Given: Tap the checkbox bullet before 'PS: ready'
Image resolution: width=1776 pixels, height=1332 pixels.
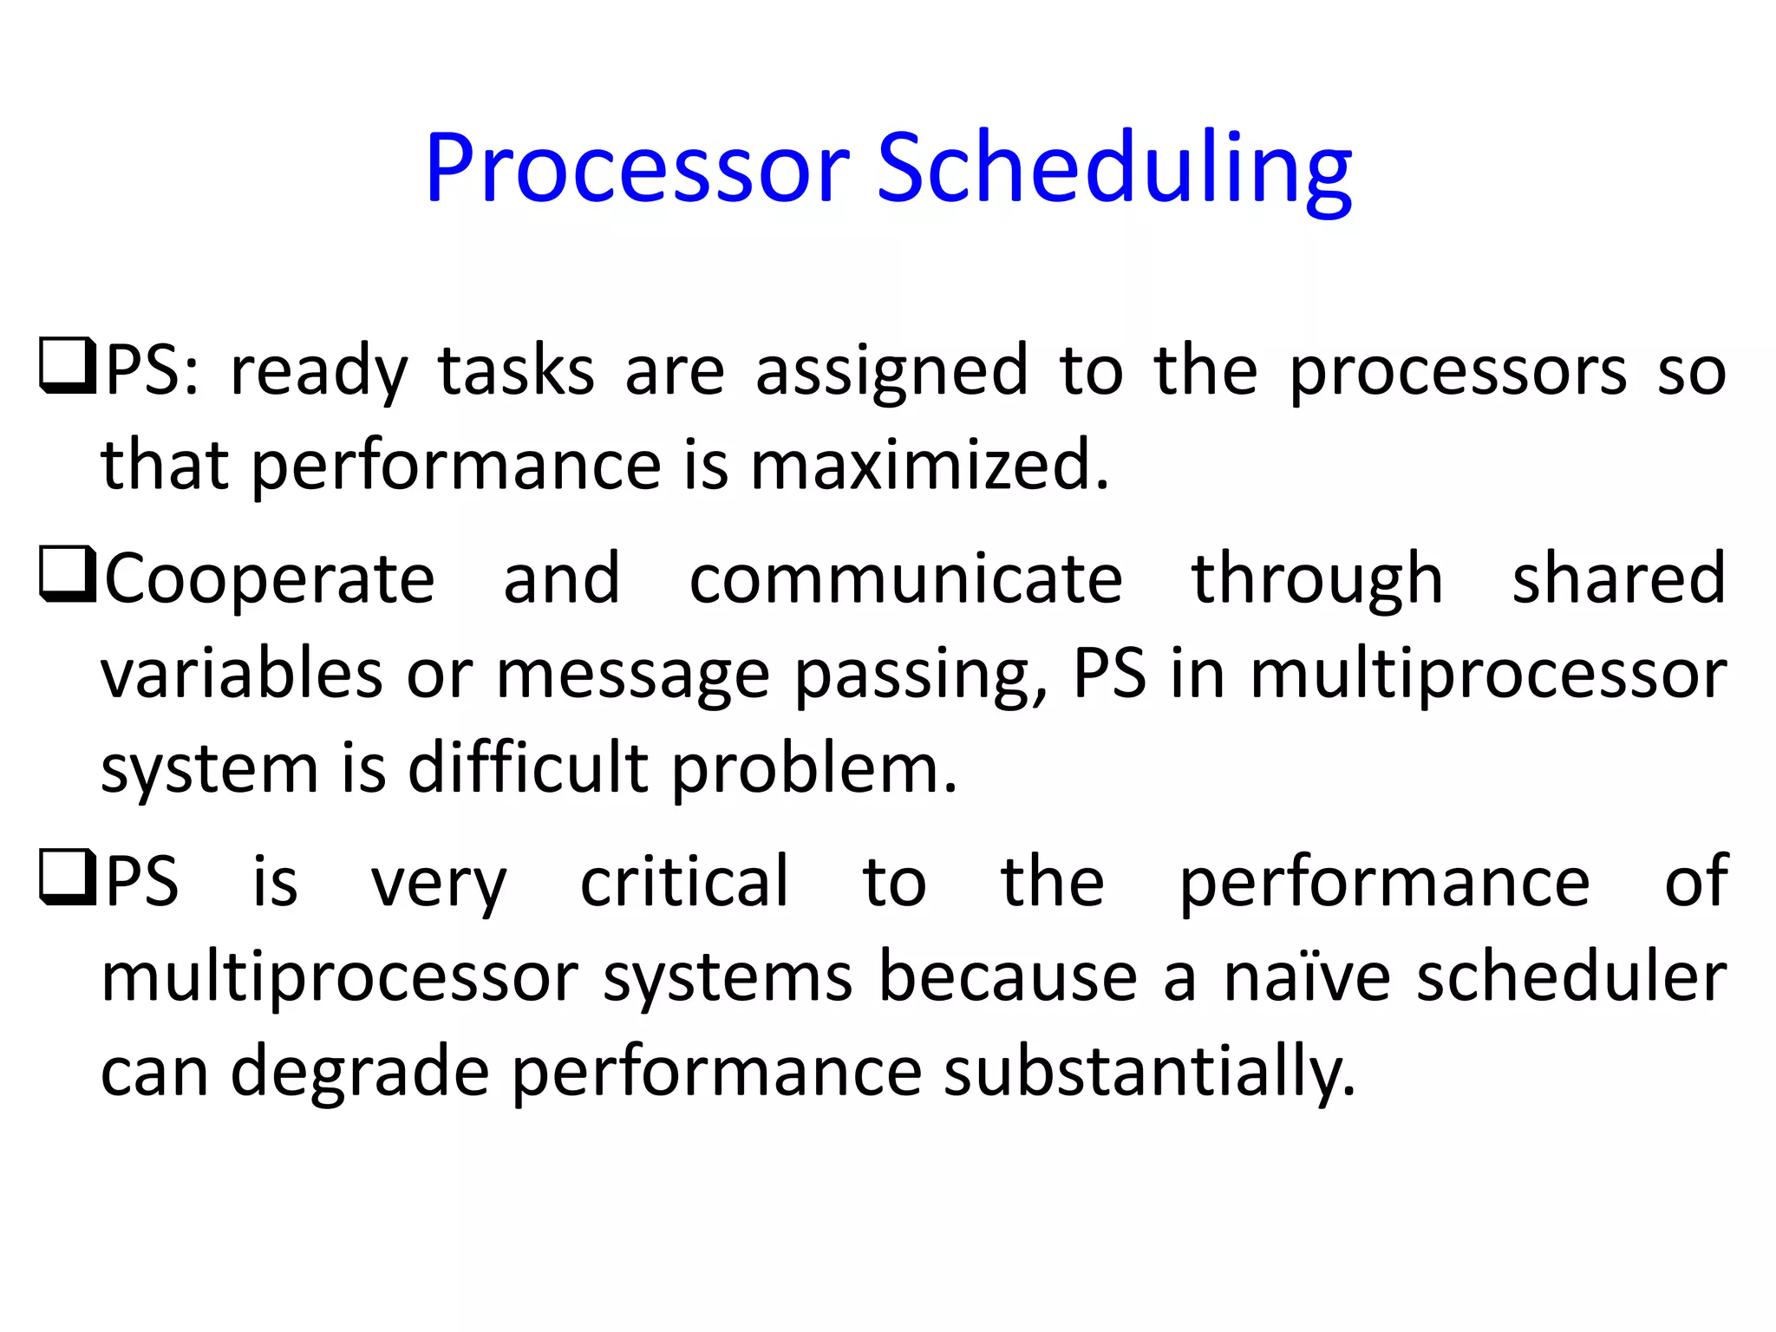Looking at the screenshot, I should [x=68, y=366].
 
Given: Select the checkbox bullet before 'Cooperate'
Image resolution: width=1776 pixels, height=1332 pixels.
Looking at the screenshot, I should [x=68, y=574].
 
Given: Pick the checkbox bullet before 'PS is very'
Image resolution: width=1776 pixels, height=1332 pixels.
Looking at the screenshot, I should [x=68, y=878].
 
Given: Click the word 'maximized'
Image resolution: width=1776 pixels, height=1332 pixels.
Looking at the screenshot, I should [x=928, y=465].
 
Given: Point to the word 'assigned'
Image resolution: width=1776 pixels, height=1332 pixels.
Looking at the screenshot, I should [x=891, y=371].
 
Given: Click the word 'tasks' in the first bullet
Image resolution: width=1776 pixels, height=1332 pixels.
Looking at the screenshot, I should [x=516, y=371].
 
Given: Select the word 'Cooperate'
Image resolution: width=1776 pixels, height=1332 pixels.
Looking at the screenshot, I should [x=269, y=579].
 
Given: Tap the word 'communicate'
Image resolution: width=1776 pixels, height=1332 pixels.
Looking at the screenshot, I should [x=905, y=579].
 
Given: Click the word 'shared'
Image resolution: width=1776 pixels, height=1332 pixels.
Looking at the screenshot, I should [x=1618, y=579].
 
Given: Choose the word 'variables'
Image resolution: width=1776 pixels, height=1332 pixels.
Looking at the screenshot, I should [x=241, y=675].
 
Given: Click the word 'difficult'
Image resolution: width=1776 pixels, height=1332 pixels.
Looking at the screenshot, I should [x=527, y=767].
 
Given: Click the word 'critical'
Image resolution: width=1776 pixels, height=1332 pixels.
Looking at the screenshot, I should [x=684, y=882].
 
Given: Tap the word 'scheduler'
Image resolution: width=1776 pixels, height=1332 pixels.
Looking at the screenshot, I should [x=1571, y=977].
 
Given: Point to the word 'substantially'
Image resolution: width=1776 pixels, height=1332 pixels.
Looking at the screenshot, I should [x=1148, y=1073].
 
